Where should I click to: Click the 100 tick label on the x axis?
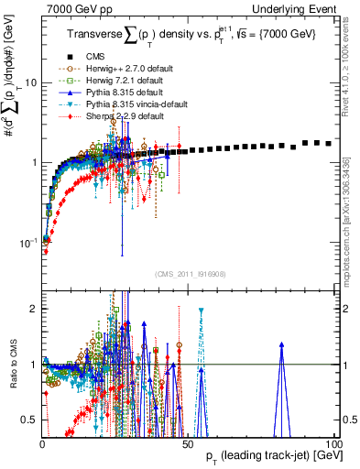pos(334,442)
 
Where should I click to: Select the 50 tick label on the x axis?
pos(188,442)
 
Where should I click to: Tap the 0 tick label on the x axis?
pos(42,442)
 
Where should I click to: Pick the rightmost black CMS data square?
pos(329,143)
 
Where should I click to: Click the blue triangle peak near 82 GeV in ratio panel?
pos(282,345)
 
